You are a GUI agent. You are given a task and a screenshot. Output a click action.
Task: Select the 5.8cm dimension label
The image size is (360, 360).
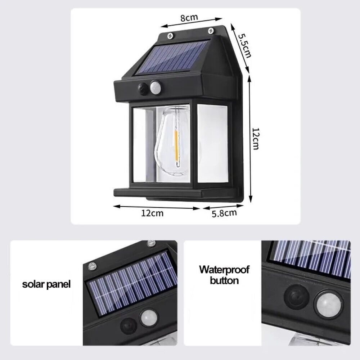pyautogui.click(x=224, y=213)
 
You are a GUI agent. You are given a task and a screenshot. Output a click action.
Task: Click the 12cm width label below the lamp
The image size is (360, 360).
pyautogui.click(x=152, y=213)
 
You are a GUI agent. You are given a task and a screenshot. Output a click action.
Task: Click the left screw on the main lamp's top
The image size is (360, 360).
pyautogui.click(x=171, y=36)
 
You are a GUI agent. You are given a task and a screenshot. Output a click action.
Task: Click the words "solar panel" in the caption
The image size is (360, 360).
pyautogui.click(x=46, y=284)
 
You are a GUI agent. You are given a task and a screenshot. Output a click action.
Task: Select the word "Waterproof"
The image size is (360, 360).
pyautogui.click(x=224, y=269)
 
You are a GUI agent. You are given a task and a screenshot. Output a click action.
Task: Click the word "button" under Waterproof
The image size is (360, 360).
pyautogui.click(x=224, y=280)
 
